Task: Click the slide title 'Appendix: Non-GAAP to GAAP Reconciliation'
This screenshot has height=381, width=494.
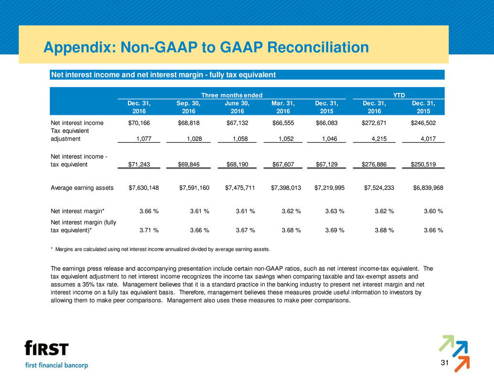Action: [x=205, y=48]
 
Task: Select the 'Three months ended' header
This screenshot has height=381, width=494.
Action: [x=238, y=94]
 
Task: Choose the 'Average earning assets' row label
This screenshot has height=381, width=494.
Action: [x=82, y=188]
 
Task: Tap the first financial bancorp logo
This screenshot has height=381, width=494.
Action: [x=56, y=354]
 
